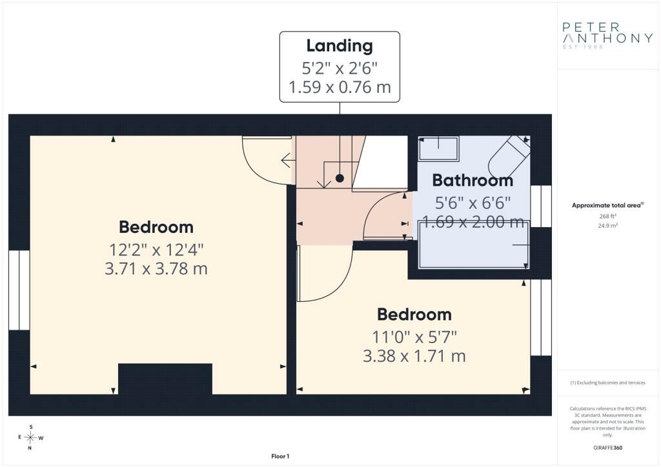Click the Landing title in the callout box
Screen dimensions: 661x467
[340, 46]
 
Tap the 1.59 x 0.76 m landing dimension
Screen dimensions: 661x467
[340, 87]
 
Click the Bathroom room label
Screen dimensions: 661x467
[473, 180]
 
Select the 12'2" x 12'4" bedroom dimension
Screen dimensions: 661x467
[156, 249]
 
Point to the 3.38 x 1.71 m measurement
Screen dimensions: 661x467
[414, 356]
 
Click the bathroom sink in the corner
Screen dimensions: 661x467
[438, 148]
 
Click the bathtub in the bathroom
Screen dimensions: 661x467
[474, 244]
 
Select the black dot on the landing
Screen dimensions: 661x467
[340, 178]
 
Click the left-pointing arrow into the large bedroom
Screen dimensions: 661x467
[288, 161]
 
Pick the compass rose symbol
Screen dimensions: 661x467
[30, 437]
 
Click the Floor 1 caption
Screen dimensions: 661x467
[280, 456]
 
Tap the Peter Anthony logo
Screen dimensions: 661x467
[607, 35]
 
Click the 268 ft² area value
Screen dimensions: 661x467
[608, 216]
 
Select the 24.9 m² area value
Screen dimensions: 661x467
[608, 225]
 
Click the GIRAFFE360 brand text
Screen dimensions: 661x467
[607, 448]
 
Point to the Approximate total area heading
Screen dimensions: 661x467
[607, 206]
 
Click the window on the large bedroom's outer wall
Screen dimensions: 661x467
[19, 290]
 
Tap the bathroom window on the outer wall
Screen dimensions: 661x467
[541, 206]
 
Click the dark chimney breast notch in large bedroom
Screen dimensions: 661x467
[165, 379]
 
